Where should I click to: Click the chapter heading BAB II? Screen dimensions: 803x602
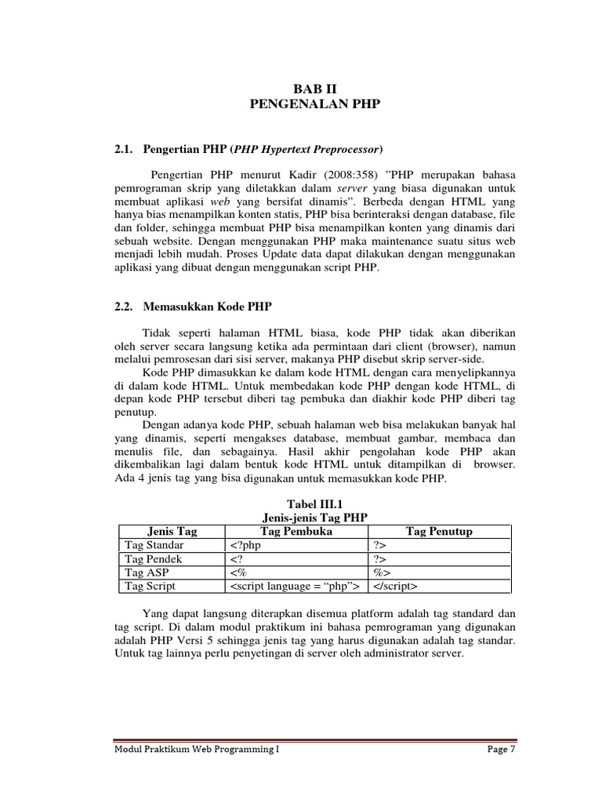tap(314, 89)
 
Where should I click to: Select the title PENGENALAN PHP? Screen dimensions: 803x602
tap(314, 104)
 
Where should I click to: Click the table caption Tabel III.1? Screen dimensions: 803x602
tap(313, 504)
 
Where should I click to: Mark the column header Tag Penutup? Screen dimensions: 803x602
tap(439, 531)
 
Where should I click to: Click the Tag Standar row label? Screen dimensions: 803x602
tap(154, 545)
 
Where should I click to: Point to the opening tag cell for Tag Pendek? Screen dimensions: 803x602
tap(237, 559)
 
